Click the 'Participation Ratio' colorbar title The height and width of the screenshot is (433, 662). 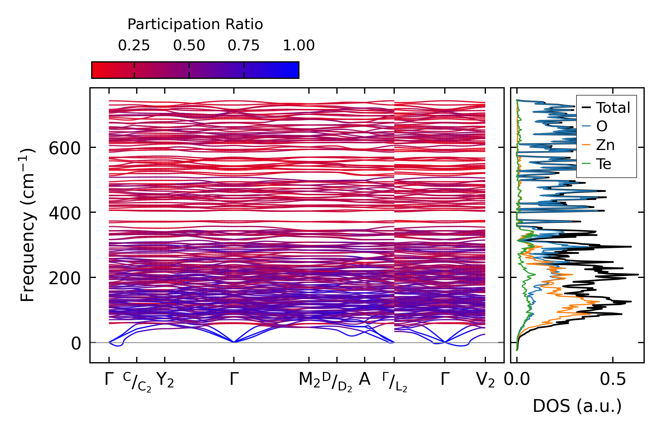click(195, 24)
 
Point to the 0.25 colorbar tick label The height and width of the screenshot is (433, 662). click(134, 46)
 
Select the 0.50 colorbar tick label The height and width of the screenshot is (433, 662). click(189, 46)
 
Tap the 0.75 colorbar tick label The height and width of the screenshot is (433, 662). click(244, 46)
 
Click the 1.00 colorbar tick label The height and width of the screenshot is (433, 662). click(299, 46)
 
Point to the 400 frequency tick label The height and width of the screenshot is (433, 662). click(65, 213)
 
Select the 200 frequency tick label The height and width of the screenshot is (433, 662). click(65, 278)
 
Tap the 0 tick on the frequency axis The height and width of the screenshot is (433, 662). click(76, 343)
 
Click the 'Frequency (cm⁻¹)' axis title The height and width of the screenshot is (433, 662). click(28, 225)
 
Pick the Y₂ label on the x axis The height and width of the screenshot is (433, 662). click(165, 380)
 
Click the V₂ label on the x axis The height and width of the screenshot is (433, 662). click(485, 380)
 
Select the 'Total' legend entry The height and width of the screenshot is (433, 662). click(613, 108)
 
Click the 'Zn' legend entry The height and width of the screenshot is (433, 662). click(605, 145)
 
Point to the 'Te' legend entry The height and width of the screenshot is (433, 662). click(603, 164)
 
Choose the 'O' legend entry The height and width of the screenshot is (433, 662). click(602, 126)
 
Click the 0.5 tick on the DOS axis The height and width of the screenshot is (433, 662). click(613, 380)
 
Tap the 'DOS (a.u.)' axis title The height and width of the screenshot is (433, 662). click(577, 406)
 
